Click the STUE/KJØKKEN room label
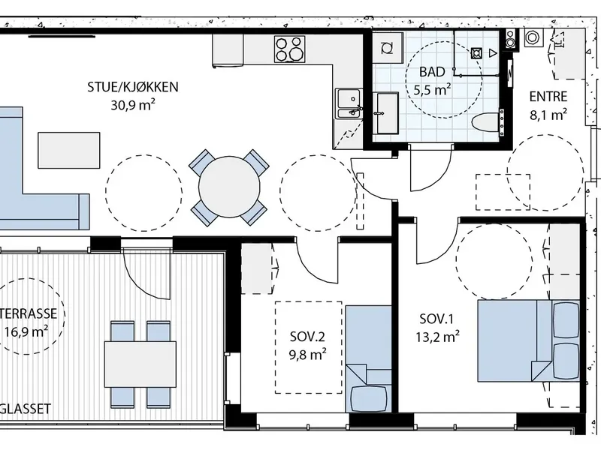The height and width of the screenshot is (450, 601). coord(133,87)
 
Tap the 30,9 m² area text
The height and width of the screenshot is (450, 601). coord(133,105)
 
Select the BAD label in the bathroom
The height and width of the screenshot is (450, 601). coord(432,71)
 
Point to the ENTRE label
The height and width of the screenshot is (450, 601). coord(548,97)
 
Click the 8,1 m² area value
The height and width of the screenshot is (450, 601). coord(548,115)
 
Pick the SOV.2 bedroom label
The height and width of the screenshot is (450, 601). coord(307,337)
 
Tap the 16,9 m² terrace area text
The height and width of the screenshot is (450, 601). coord(26,331)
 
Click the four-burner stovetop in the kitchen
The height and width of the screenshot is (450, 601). coord(290,49)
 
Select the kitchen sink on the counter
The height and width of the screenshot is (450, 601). coord(349,103)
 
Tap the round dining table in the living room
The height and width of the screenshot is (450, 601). coord(229,187)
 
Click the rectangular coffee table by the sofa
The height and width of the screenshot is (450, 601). coord(69,151)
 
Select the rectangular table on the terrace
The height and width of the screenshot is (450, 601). coord(140,364)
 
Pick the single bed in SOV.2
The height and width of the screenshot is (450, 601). coord(368,359)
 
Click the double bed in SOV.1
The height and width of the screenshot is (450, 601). coord(528,341)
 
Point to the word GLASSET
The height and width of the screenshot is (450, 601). coord(26,409)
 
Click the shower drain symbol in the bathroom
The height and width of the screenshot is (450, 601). coord(476,53)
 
